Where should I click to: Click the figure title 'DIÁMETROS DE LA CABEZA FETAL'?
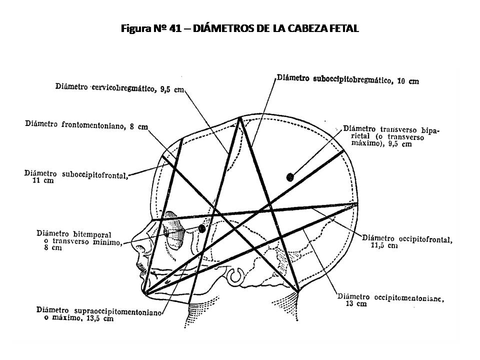276,28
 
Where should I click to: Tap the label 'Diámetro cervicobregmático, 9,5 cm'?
119,88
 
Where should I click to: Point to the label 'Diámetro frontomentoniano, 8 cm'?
86,125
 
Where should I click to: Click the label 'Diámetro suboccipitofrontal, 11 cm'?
76,177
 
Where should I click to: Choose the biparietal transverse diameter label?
391,136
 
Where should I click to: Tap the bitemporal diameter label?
79,240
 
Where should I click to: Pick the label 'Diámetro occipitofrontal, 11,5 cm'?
407,242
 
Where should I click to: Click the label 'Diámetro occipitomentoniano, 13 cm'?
390,300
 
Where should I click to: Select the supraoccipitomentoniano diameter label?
99,314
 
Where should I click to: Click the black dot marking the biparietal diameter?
290,177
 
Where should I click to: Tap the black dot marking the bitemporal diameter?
201,228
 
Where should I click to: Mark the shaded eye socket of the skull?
174,230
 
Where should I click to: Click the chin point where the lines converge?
146,293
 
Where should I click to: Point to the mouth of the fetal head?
141,269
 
